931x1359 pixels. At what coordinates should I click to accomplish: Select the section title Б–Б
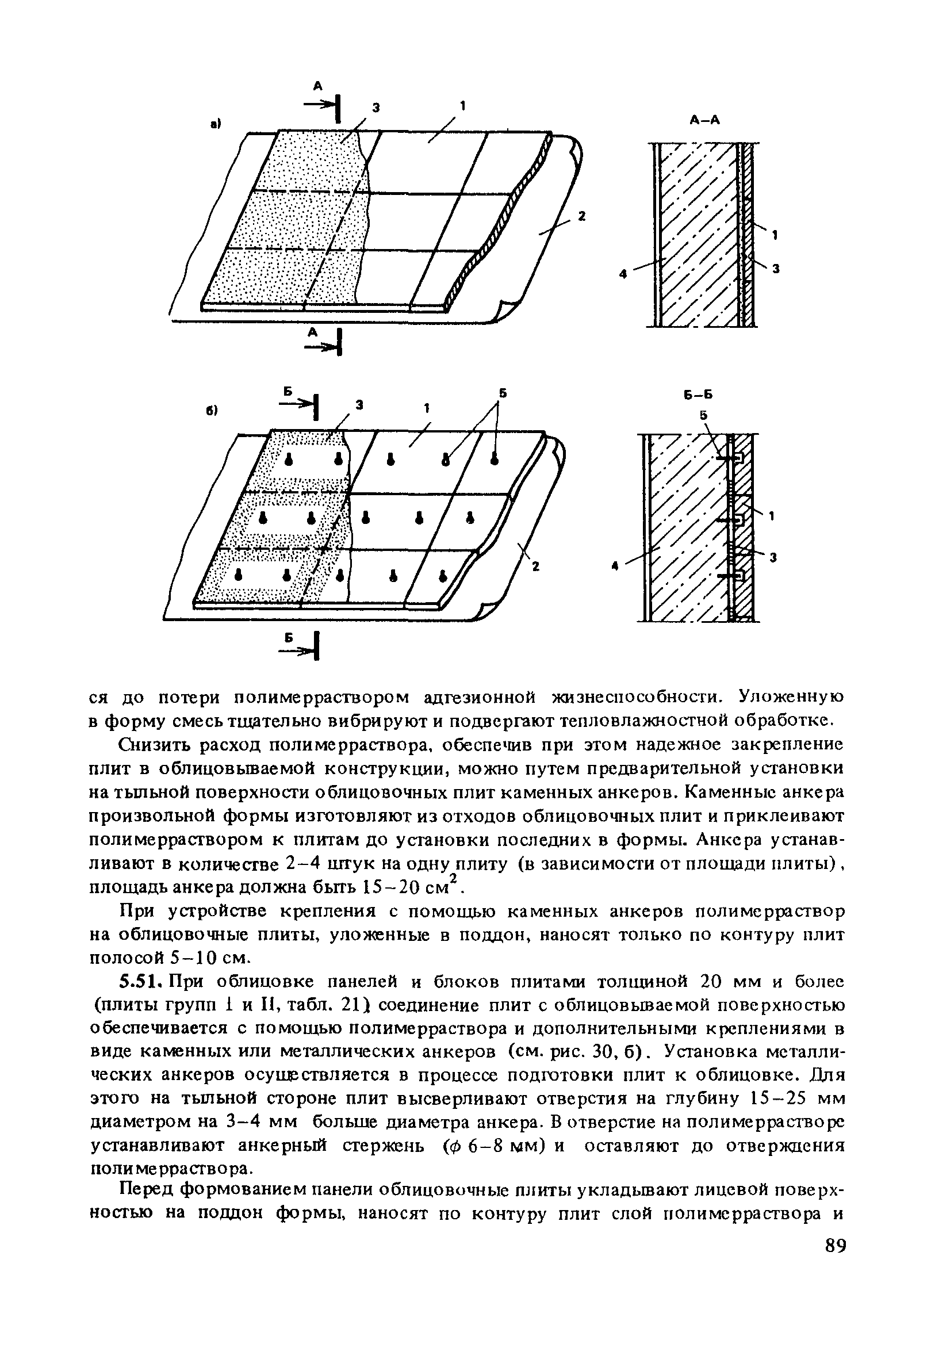(x=700, y=395)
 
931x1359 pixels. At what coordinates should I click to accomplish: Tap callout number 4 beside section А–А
(x=623, y=273)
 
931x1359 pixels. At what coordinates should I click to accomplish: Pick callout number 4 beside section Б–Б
(x=615, y=565)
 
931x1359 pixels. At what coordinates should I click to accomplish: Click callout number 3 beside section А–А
(x=777, y=269)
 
